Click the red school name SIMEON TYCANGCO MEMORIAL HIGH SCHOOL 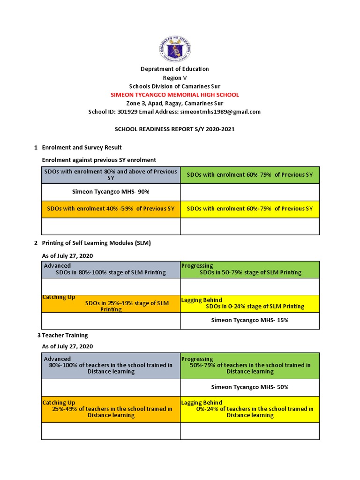pos(174,95)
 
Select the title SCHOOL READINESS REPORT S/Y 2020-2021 pos(174,129)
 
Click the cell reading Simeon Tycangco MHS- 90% pos(111,192)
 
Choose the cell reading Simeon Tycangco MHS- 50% pos(249,387)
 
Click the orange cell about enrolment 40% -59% pos(111,209)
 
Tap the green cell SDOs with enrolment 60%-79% pos(249,175)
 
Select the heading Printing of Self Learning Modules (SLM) pos(96,243)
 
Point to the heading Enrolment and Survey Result pos(82,148)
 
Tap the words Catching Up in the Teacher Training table pos(59,403)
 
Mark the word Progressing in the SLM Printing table pos(197,266)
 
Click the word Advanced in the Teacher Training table pos(57,359)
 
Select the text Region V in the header pos(174,78)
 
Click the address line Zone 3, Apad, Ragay pos(174,103)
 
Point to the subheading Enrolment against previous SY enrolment pos(99,160)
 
